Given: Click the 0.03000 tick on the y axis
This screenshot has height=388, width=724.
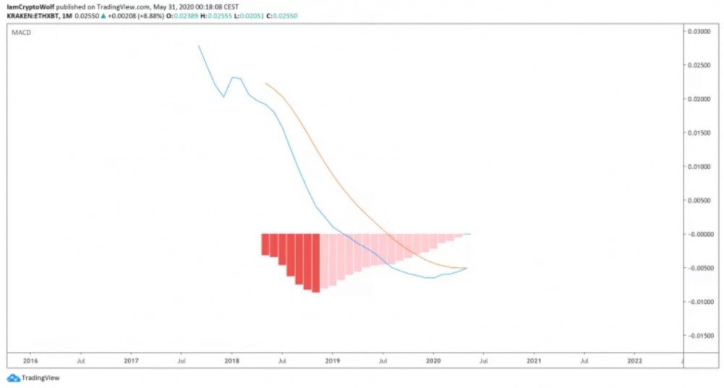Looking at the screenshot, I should [x=699, y=31].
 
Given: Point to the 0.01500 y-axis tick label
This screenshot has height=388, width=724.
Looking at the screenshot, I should [x=699, y=132].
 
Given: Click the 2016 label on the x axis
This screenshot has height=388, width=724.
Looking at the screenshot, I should [x=30, y=360].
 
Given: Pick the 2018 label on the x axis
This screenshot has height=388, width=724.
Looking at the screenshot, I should [x=232, y=360].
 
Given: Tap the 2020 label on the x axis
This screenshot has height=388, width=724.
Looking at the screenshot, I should [x=433, y=360].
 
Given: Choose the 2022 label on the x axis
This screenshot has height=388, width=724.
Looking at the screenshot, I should [x=634, y=360].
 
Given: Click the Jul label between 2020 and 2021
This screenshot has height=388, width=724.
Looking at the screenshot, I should [x=484, y=360].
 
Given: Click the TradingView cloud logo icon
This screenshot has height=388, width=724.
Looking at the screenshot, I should [x=14, y=378].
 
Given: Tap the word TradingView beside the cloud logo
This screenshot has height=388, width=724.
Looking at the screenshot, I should [x=41, y=378].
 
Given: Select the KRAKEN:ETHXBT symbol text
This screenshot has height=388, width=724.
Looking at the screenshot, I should [x=31, y=15].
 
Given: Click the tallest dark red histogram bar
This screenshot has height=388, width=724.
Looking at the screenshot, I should [x=316, y=263].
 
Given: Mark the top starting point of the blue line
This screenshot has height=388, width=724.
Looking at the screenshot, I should [x=198, y=46].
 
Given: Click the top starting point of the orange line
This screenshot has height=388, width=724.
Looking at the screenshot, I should [x=266, y=84].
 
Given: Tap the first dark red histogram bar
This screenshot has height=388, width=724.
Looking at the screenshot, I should [x=265, y=244].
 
